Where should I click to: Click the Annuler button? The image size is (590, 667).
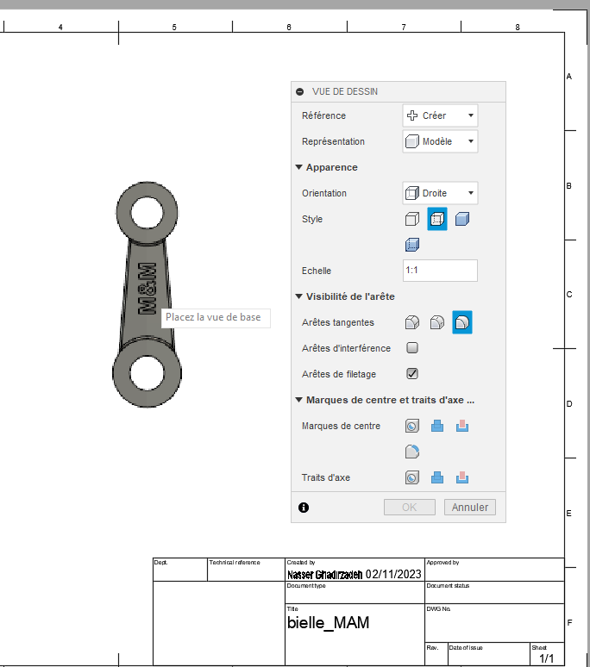pos(470,508)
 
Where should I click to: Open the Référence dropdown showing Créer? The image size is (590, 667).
pos(440,115)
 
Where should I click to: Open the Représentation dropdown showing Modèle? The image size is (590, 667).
pos(440,141)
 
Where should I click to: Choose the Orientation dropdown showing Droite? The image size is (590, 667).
pos(440,193)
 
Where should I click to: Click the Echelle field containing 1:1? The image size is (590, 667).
pos(440,271)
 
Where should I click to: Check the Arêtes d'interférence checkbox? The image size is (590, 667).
pos(412,348)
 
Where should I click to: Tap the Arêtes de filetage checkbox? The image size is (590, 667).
pos(412,374)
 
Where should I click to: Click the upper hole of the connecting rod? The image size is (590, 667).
pos(147,212)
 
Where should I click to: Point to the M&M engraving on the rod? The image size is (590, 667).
pos(146,290)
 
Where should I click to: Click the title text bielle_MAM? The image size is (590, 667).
pos(328,622)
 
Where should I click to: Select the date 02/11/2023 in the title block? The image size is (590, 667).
pos(393,574)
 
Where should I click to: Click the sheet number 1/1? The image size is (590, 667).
pos(547,658)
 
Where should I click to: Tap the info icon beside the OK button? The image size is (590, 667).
pos(304,508)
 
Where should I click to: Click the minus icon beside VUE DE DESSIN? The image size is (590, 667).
pos(300,91)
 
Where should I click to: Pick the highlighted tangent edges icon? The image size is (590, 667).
pos(462,322)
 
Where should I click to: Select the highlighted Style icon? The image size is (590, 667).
pos(437,219)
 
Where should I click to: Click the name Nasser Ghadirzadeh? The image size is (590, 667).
pos(324,574)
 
